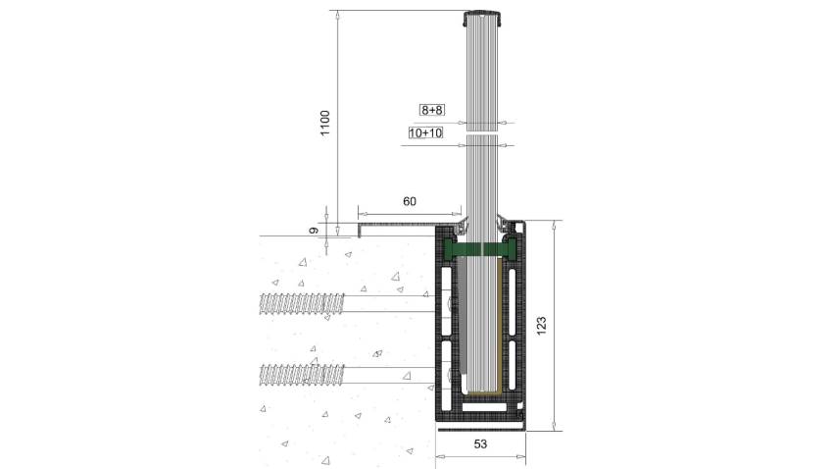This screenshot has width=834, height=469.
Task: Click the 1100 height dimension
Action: coord(325,123)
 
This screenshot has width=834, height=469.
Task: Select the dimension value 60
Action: coord(410,201)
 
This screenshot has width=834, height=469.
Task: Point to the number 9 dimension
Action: coord(315,230)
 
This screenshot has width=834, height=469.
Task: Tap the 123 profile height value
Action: coord(541,326)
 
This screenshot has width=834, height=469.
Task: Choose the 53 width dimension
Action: coord(480,443)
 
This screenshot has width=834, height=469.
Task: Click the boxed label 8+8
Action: coord(432,110)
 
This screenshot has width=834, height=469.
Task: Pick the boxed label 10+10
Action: coord(425,132)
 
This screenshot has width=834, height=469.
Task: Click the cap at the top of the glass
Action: coord(482,18)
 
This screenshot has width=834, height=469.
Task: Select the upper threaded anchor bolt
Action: coord(302,303)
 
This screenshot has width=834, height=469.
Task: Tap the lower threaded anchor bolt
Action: coord(302,375)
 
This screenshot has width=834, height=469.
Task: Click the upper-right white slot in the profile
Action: coord(512,302)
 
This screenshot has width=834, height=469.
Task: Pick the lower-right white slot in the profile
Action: coord(512,365)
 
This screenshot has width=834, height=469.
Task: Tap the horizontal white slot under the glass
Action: coord(484,408)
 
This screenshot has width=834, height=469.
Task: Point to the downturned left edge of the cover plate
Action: coord(360,230)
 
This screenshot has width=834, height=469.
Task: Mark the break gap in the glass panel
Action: coord(482,133)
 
